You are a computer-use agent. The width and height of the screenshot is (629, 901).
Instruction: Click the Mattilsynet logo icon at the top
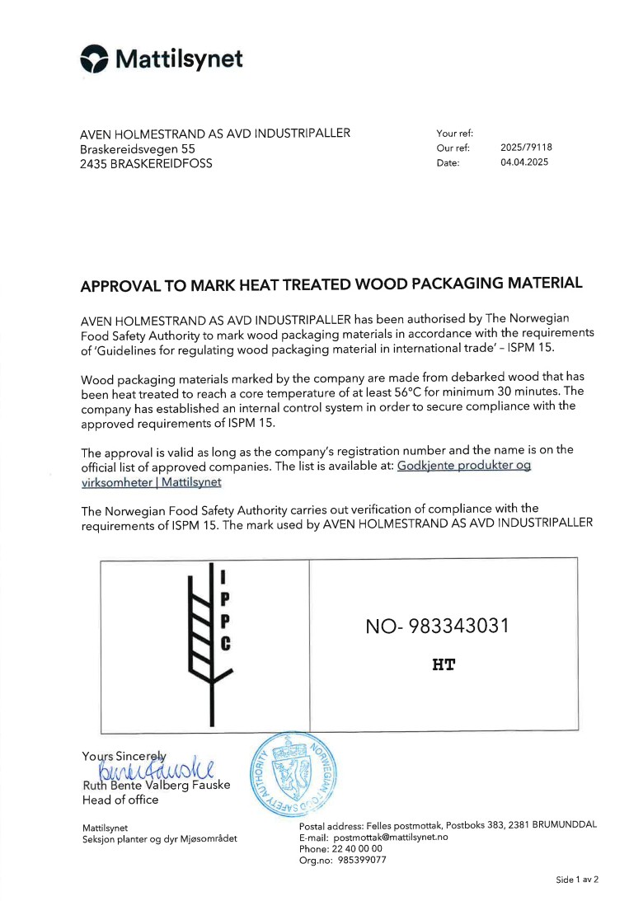[94, 59]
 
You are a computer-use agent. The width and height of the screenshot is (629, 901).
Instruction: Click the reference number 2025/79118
[526, 148]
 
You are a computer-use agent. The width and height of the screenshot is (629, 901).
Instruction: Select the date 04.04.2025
[523, 162]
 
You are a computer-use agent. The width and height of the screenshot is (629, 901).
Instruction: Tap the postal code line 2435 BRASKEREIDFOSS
[146, 163]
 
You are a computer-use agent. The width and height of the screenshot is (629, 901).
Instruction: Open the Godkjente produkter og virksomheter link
[464, 466]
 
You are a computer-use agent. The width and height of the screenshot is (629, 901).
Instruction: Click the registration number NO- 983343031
[437, 626]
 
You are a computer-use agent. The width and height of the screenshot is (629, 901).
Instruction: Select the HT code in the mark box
[444, 664]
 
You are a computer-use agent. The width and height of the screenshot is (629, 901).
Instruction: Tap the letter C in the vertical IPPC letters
[224, 645]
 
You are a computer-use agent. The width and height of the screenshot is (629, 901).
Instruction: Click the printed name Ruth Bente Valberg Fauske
[156, 785]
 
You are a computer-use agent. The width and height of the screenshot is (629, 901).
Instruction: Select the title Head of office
[120, 800]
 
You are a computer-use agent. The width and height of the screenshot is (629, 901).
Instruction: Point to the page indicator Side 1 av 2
[577, 880]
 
